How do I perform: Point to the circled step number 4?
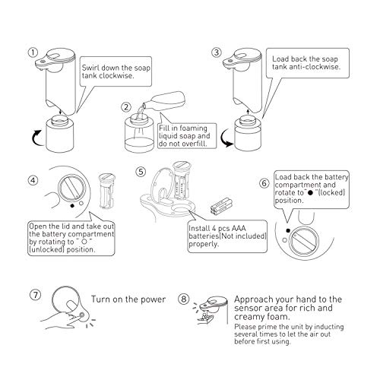tap(32, 181)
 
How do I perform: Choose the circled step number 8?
tap(185, 299)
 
